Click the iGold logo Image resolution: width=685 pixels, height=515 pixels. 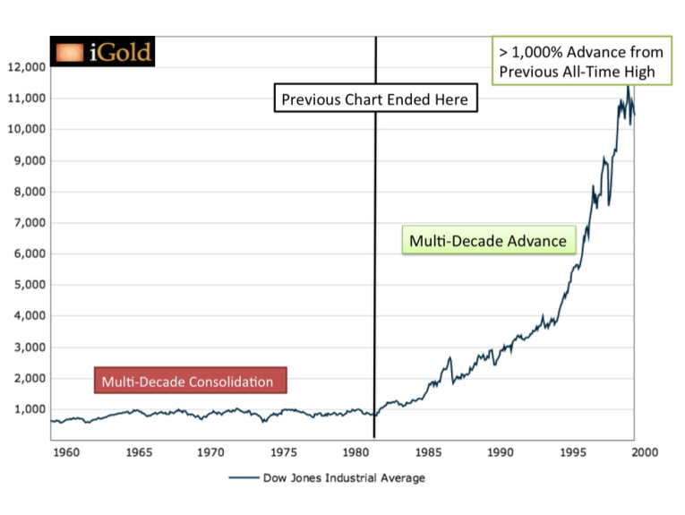[103, 53]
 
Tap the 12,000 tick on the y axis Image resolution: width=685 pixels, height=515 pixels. [27, 67]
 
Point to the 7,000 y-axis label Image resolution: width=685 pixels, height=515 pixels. [30, 222]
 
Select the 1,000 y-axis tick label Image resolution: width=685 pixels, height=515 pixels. [30, 409]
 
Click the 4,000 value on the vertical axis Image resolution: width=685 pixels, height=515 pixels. [30, 316]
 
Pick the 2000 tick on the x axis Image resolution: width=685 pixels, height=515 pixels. [645, 452]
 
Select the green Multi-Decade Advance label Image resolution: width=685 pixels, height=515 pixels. [488, 241]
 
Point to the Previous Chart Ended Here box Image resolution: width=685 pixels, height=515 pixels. [374, 99]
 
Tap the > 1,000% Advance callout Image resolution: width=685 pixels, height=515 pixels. [581, 62]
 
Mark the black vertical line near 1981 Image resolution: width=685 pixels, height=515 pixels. [374, 269]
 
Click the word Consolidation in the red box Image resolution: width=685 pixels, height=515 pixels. [230, 382]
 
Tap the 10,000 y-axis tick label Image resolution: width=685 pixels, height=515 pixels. [27, 129]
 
